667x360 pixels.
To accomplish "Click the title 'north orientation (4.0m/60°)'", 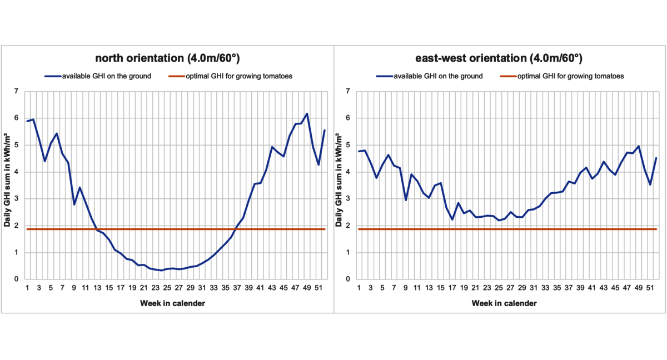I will pyautogui.click(x=167, y=58).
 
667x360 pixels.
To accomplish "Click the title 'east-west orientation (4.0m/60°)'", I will pyautogui.click(x=499, y=58).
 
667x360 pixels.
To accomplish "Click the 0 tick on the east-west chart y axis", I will pyautogui.click(x=348, y=279).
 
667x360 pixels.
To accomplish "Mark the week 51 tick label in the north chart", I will pyautogui.click(x=318, y=288).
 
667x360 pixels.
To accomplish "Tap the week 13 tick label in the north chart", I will pyautogui.click(x=97, y=288).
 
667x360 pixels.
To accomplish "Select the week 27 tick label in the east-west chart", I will pyautogui.click(x=510, y=288).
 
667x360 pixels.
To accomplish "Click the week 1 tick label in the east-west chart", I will pyautogui.click(x=359, y=288).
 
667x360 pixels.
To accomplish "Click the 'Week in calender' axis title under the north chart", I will pyautogui.click(x=172, y=303).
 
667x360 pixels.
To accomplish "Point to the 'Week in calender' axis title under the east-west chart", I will pyautogui.click(x=504, y=303).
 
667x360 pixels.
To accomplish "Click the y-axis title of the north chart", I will pyautogui.click(x=7, y=181).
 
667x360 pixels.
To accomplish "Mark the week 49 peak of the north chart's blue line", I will pyautogui.click(x=307, y=113).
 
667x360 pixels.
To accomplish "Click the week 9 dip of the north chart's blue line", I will pyautogui.click(x=74, y=204).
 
